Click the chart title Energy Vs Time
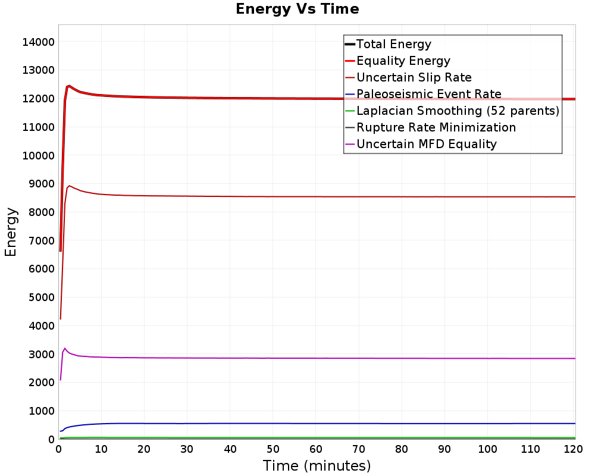(x=297, y=9)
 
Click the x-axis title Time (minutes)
(x=317, y=465)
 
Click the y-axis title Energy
(x=10, y=232)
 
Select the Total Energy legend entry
(x=393, y=44)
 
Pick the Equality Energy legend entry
(x=403, y=61)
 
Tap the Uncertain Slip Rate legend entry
(x=414, y=77)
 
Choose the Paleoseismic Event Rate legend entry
(x=428, y=94)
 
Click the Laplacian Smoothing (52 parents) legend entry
(x=458, y=111)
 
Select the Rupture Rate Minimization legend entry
(x=436, y=127)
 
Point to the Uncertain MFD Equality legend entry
(x=426, y=144)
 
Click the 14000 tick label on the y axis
(x=38, y=42)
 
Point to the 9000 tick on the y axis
(x=41, y=184)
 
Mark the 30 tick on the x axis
(x=187, y=450)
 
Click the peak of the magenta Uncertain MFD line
(x=65, y=348)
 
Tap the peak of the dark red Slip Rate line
(x=70, y=186)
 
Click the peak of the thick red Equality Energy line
(x=69, y=86)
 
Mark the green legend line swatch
(x=350, y=111)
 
